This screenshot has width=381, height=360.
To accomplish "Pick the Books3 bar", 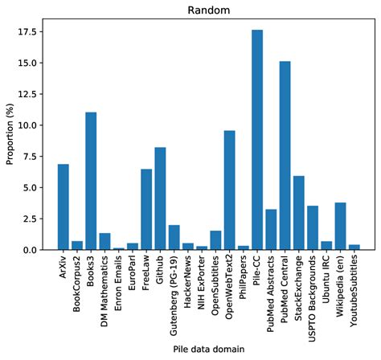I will click(91, 181).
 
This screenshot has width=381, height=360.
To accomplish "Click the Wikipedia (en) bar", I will click(340, 226).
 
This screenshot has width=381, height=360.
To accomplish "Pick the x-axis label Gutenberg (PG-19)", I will click(174, 296).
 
